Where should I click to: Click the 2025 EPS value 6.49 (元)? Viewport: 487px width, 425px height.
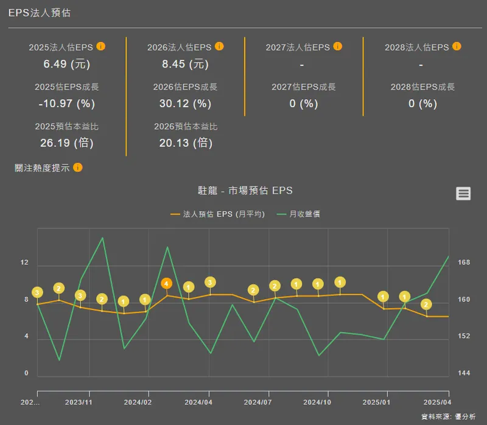click(x=66, y=63)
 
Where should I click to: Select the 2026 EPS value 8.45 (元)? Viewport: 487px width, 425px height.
click(x=185, y=63)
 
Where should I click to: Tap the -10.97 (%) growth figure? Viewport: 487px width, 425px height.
click(x=66, y=104)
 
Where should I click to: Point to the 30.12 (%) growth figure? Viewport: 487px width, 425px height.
click(x=185, y=104)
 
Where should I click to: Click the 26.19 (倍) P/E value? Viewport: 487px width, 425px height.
click(x=66, y=143)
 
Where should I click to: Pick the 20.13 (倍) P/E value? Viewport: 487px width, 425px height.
click(x=185, y=143)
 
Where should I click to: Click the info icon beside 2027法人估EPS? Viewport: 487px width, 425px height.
click(x=338, y=46)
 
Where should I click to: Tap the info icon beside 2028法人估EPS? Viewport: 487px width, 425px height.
click(x=457, y=46)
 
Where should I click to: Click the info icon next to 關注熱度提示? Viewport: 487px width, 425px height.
click(x=78, y=167)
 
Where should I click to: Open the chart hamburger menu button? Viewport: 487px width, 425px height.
click(x=463, y=194)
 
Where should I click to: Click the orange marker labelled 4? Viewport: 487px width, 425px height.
click(x=167, y=283)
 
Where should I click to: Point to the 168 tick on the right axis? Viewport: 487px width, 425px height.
click(x=464, y=263)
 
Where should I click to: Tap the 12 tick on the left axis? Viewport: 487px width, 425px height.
click(x=24, y=263)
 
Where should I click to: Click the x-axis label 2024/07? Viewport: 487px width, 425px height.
click(x=258, y=402)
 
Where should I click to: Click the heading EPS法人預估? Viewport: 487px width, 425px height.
click(x=39, y=13)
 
